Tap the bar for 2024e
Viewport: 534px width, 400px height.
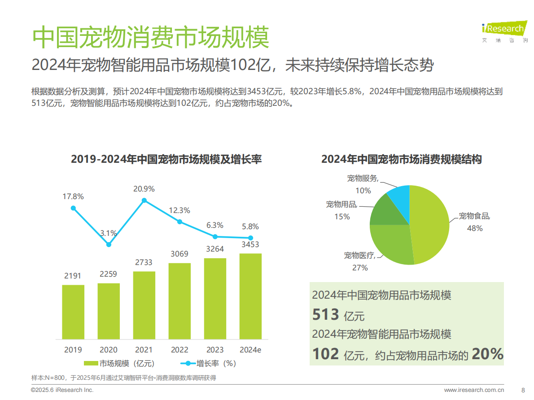pos(250,296)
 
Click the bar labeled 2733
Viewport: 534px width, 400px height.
pos(144,305)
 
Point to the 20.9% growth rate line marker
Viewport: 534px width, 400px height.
pos(144,200)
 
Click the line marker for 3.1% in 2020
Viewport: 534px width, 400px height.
pos(109,244)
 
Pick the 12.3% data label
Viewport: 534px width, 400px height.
pos(179,210)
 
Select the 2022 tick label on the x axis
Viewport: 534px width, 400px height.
pos(179,350)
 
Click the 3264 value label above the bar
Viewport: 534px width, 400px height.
pos(214,249)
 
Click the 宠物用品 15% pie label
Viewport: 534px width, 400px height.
pos(341,210)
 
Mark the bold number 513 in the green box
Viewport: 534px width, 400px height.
pos(325,315)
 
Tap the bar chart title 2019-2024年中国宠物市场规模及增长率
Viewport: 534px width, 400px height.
pos(166,159)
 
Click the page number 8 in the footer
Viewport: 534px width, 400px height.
pos(523,390)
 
